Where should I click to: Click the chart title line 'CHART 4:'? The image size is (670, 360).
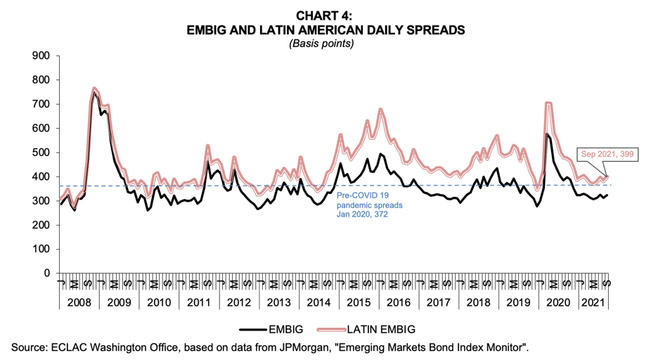point(326,15)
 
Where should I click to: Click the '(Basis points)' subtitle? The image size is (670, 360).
point(326,43)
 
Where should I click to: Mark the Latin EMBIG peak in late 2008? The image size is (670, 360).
point(94,89)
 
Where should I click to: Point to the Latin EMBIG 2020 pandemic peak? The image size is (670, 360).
point(548,103)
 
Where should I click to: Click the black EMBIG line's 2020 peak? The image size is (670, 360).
point(547,134)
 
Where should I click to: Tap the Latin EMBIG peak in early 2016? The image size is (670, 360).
point(380,110)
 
